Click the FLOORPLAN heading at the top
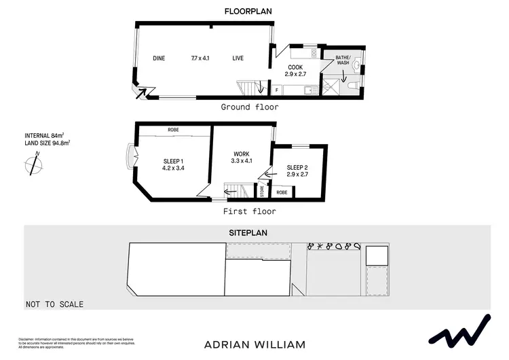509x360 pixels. [248, 10]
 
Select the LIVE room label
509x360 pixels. [238, 58]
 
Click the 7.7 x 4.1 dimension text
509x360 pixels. [200, 58]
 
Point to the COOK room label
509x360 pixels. [294, 67]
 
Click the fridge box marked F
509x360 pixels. [276, 90]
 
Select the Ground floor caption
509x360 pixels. [249, 107]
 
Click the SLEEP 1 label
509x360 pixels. [173, 160]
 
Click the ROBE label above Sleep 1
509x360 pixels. [173, 129]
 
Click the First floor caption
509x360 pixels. [249, 211]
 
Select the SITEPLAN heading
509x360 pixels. [248, 232]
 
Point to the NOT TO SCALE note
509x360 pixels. [55, 304]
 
